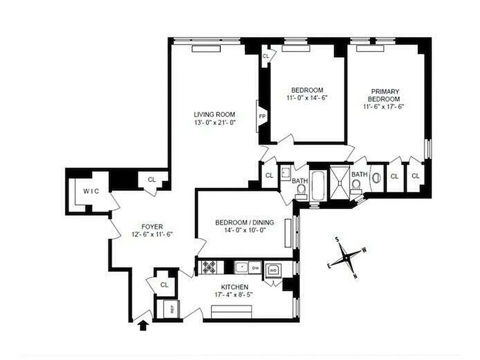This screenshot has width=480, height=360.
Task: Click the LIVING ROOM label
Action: coord(214,114)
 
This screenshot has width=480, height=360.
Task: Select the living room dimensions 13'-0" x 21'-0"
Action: coord(214,122)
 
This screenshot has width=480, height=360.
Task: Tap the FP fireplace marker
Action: coord(262,116)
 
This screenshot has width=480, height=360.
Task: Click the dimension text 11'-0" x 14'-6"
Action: coord(307,98)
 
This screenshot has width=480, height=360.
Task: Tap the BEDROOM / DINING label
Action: coord(245,222)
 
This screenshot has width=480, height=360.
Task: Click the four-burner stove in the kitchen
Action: coord(209,267)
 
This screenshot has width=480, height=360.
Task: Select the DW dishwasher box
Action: coord(255,267)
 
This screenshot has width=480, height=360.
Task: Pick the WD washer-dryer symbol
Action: coord(273,270)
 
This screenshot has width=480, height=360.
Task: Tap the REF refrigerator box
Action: coord(171,309)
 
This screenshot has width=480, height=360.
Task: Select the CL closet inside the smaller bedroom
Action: coord(266,56)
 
